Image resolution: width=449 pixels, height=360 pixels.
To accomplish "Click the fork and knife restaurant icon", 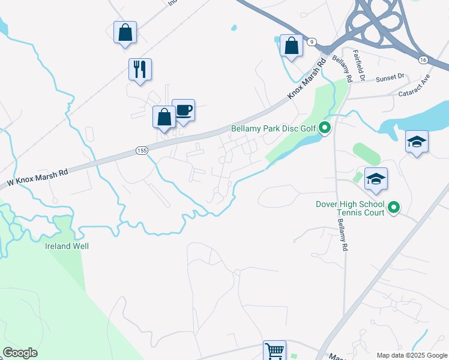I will click(x=140, y=69).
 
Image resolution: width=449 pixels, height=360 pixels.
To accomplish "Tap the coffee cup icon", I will click(x=184, y=110).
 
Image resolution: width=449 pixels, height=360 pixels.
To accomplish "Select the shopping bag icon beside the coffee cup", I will click(x=164, y=117).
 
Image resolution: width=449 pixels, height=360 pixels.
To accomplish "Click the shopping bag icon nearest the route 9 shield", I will click(x=291, y=46).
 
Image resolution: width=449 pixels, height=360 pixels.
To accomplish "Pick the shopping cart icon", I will click(x=274, y=350).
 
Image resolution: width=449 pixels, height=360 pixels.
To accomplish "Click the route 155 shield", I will click(x=142, y=151).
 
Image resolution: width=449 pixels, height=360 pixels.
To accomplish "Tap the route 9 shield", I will click(x=312, y=42).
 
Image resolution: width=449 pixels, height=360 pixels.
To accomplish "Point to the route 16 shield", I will click(x=423, y=59).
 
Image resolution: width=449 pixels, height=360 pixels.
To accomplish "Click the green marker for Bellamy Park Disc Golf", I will click(x=325, y=128).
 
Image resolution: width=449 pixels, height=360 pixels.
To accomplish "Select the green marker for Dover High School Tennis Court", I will click(x=394, y=208).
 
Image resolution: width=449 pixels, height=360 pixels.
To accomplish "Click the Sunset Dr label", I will click(x=391, y=78).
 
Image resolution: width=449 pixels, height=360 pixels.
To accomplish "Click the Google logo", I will click(x=20, y=353).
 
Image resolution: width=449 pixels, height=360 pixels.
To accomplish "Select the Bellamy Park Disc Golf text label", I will click(x=274, y=128).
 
